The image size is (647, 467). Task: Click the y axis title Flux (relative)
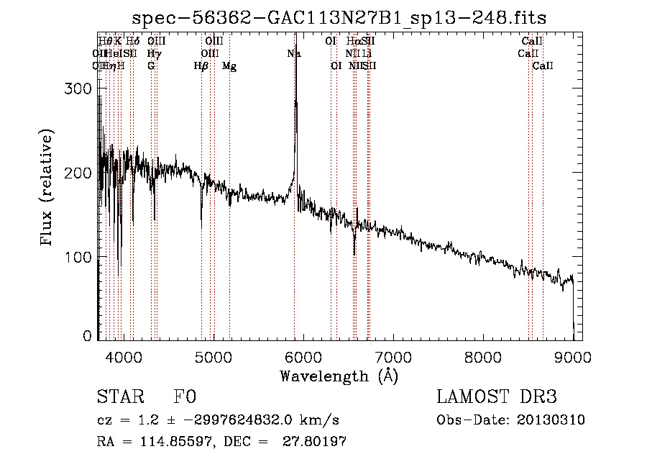click(x=47, y=189)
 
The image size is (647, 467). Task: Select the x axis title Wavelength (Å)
click(x=339, y=376)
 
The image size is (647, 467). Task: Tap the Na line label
click(x=294, y=53)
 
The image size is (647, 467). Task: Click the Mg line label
click(x=229, y=66)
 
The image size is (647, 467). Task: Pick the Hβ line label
click(x=201, y=66)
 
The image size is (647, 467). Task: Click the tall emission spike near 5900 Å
click(x=295, y=108)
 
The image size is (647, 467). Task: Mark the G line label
click(x=151, y=66)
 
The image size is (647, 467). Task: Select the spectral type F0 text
click(x=185, y=397)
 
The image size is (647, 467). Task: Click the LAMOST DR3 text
click(x=497, y=397)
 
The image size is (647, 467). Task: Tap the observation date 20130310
click(x=550, y=420)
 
